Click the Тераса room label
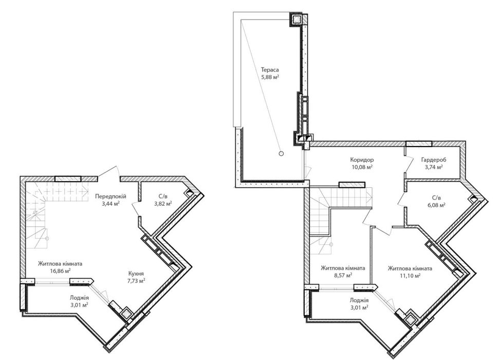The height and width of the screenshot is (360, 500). click(270, 69)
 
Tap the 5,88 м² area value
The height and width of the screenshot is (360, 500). click(270, 77)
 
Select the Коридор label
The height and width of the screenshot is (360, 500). click(362, 159)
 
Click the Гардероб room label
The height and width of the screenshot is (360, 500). click(433, 159)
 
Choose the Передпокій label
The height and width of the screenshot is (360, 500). click(110, 196)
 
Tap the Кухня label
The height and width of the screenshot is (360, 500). click(136, 274)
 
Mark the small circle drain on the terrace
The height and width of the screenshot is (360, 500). click(281, 153)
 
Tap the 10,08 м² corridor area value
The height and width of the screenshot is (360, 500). click(362, 167)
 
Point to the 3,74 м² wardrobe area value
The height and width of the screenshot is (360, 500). click(433, 167)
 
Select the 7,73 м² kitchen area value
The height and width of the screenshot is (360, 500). click(136, 280)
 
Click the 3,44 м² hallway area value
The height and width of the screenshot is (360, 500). click(110, 203)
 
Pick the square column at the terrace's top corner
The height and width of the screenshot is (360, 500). click(296, 20)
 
